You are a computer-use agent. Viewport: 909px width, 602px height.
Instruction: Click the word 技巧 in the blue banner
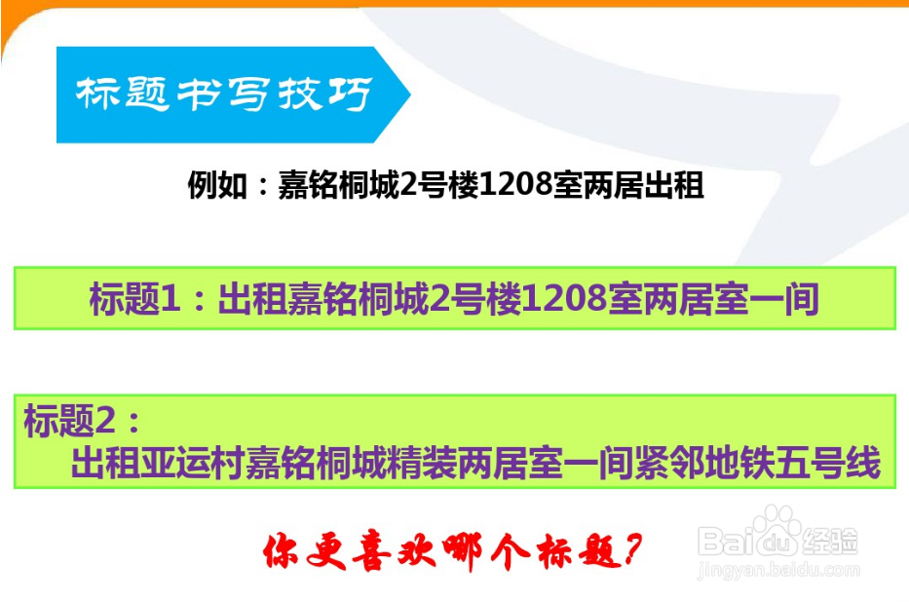click(325, 94)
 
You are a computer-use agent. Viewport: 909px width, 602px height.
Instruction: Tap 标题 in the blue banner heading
click(123, 94)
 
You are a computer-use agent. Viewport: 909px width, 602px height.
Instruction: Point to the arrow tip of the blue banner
click(410, 94)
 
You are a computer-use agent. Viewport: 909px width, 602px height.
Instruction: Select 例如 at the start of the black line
click(217, 185)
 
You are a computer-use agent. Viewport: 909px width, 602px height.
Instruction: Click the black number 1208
click(515, 185)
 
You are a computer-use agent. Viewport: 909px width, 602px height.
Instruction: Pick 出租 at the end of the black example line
click(674, 185)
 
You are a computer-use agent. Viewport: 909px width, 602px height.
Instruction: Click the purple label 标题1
click(134, 299)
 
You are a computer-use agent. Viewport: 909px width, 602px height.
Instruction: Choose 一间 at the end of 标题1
click(784, 299)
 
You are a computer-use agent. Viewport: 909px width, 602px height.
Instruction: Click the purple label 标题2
click(69, 420)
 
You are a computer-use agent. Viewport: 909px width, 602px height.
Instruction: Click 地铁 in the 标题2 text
click(739, 463)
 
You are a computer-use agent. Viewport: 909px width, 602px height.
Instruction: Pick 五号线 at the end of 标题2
click(828, 463)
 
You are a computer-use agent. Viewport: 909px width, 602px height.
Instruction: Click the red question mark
click(631, 549)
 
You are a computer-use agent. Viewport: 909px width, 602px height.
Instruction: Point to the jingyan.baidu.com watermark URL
click(778, 570)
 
